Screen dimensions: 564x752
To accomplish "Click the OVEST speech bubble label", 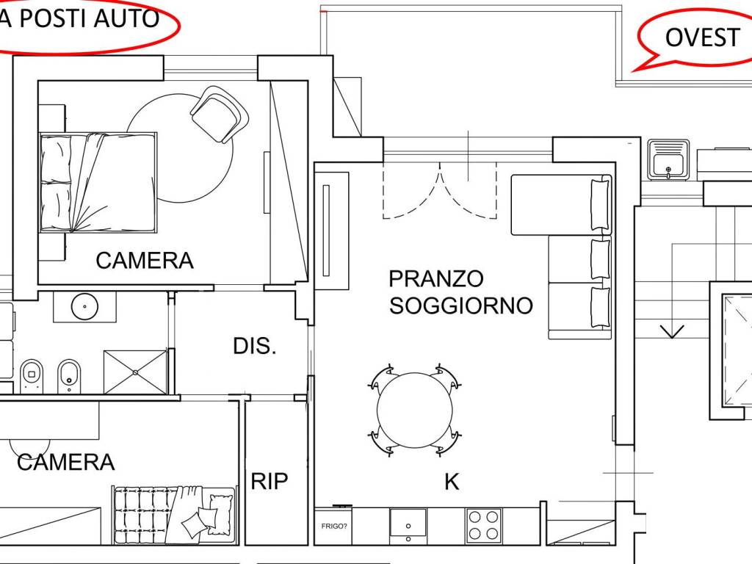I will [x=701, y=37].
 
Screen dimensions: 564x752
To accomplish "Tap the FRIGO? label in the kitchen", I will [x=333, y=526].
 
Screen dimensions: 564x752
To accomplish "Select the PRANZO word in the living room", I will [x=436, y=279].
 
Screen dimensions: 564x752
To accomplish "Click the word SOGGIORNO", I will [x=460, y=305].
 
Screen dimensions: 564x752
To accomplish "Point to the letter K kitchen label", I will [x=452, y=482].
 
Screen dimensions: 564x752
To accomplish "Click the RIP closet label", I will [x=270, y=482].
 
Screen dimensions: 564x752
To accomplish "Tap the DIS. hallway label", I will [x=255, y=347].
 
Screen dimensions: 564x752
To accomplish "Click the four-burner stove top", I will [x=484, y=526].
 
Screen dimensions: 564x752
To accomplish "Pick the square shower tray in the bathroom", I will [x=136, y=372].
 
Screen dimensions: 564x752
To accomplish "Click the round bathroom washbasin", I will [x=85, y=305].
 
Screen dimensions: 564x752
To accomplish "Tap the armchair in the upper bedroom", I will [x=220, y=114].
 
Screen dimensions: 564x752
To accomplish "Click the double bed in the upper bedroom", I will [x=98, y=182].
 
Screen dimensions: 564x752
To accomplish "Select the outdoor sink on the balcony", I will [x=668, y=159].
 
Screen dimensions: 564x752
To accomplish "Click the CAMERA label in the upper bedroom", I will [x=145, y=261].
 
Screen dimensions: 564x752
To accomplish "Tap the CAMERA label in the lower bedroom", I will [x=66, y=463].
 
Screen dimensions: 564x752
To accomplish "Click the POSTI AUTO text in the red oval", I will [x=88, y=18].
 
